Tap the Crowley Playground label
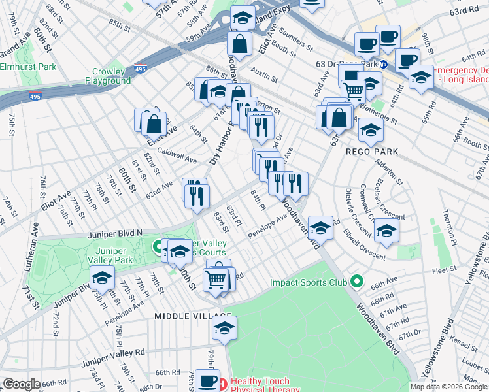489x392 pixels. (108, 76)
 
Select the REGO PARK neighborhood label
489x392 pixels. (369, 151)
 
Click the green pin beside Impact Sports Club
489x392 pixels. (356, 282)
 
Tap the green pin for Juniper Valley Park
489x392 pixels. (158, 247)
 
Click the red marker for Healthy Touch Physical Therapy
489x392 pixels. (222, 382)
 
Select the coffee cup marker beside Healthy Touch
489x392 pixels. (207, 380)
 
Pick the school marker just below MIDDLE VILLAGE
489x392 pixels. (224, 329)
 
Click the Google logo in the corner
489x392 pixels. (22, 384)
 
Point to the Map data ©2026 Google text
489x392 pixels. (448, 387)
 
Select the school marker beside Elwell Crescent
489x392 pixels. (386, 230)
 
